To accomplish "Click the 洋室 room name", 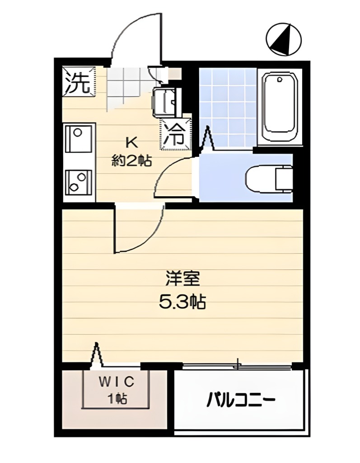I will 182,279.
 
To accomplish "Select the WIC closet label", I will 117,383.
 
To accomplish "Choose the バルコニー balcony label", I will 241,400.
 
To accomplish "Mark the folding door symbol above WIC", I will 96,355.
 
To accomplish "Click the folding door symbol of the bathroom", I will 208,138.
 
